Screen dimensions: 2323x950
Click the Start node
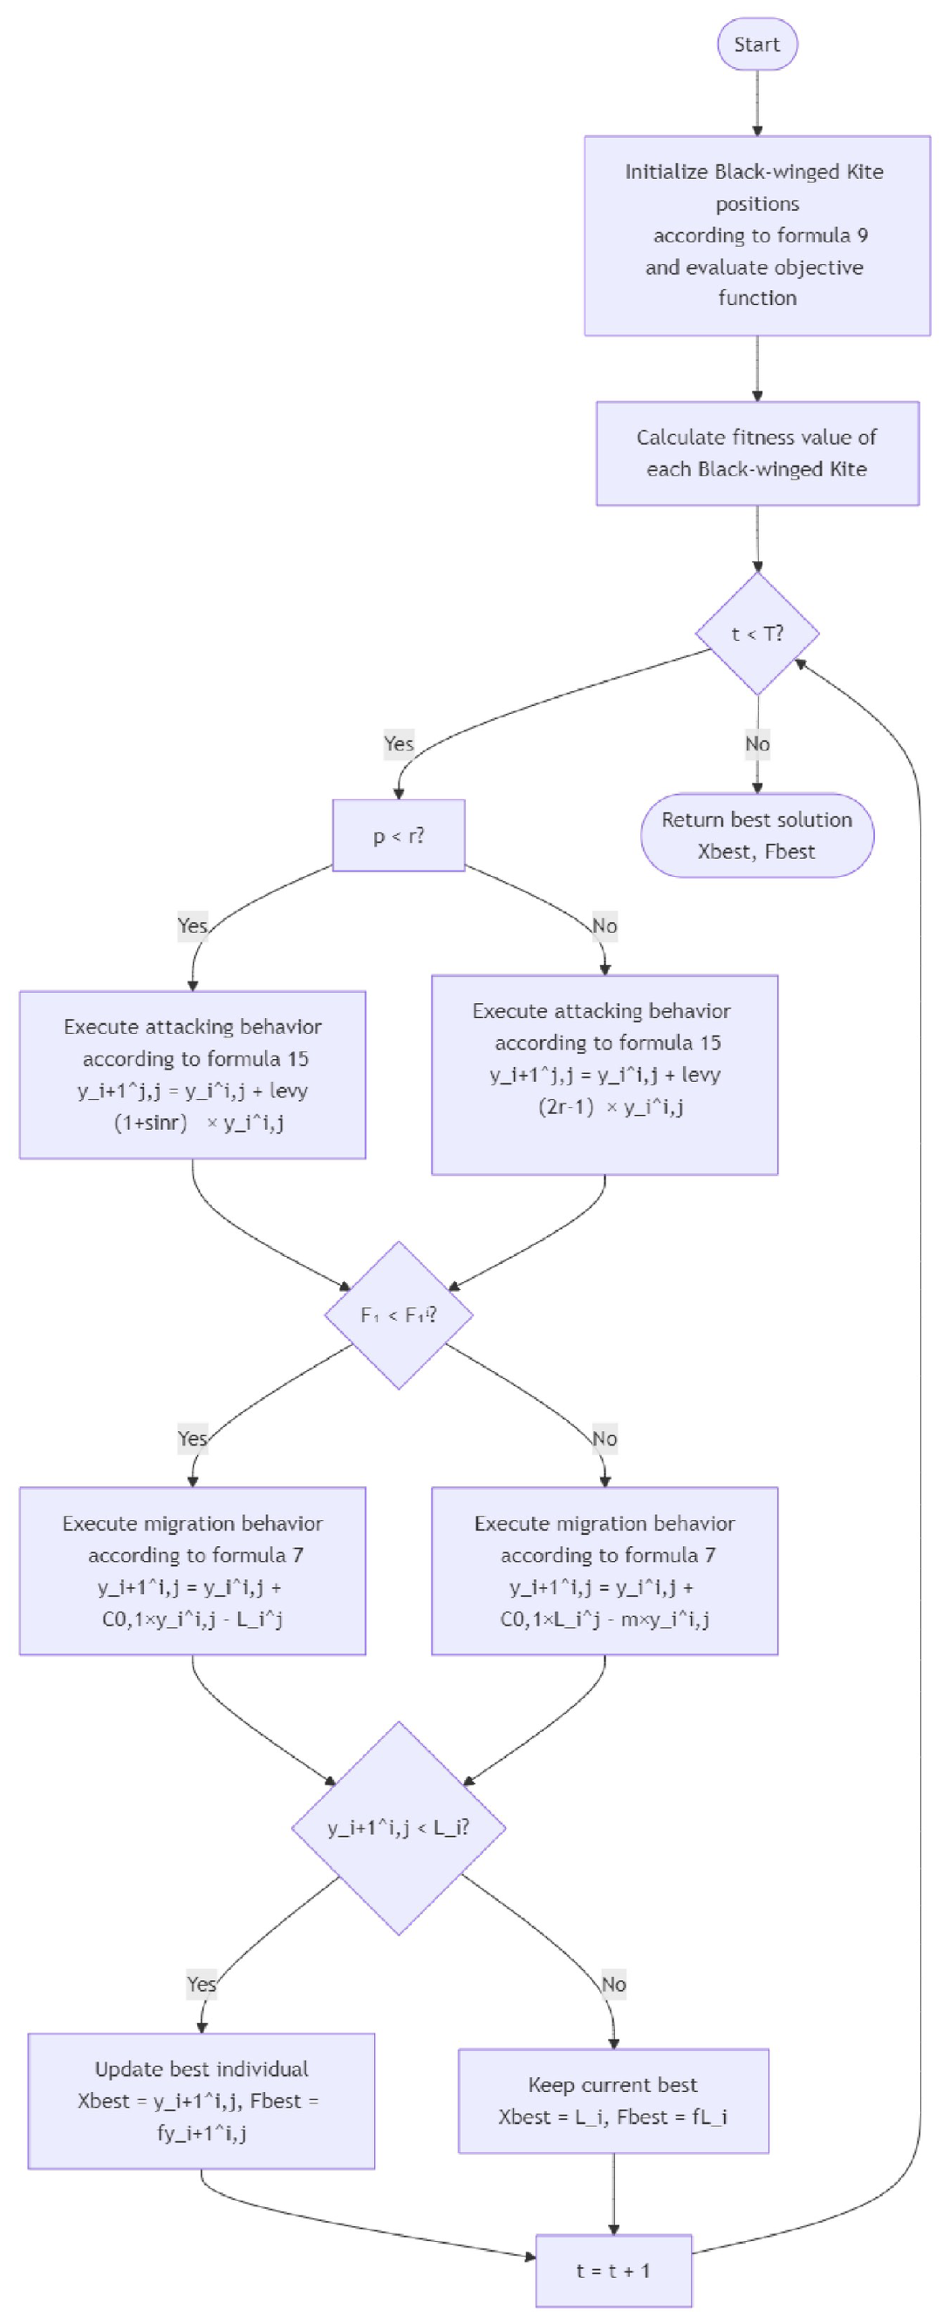(x=756, y=44)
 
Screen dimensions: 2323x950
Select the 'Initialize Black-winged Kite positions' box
(x=756, y=235)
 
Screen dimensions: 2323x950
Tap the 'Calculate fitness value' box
(x=756, y=452)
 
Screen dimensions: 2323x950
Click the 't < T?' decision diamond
(x=756, y=634)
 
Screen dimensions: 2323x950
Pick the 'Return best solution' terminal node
(x=756, y=835)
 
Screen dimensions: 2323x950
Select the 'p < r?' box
(x=398, y=835)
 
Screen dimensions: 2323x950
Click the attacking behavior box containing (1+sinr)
(x=192, y=1074)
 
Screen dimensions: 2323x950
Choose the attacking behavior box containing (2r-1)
(x=604, y=1074)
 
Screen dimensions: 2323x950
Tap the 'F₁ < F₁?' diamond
(x=398, y=1314)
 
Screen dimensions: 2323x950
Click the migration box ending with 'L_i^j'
(x=192, y=1571)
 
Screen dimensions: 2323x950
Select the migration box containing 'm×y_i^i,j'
(x=604, y=1571)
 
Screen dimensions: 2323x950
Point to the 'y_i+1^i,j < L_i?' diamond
(x=398, y=1828)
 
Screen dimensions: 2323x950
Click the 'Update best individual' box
(x=202, y=2100)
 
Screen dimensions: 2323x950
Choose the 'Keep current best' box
(x=612, y=2100)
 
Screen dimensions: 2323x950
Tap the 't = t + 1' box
(x=612, y=2270)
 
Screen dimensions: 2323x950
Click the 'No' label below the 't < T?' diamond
(x=756, y=744)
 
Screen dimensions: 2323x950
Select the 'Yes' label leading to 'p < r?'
(x=398, y=744)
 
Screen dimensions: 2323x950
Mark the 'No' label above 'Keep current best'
(x=612, y=1984)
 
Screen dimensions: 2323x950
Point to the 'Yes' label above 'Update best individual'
(x=202, y=1984)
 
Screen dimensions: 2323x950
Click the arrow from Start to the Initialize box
(x=756, y=102)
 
